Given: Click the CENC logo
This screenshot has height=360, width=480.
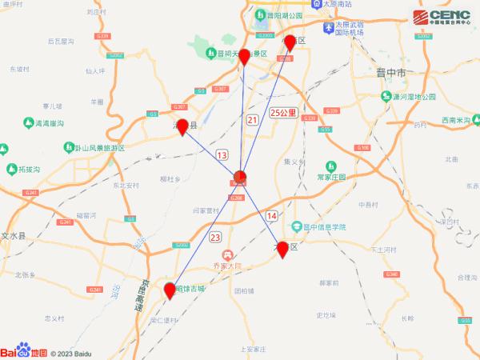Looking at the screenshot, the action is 442,18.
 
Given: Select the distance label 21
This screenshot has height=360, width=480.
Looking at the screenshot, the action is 253,120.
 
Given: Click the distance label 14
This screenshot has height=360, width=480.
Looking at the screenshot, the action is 272,216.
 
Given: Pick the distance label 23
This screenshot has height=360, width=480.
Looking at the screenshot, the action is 214,238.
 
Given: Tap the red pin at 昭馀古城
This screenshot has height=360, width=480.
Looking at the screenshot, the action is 170,290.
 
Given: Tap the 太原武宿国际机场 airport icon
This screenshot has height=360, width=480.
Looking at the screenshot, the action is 328,28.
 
